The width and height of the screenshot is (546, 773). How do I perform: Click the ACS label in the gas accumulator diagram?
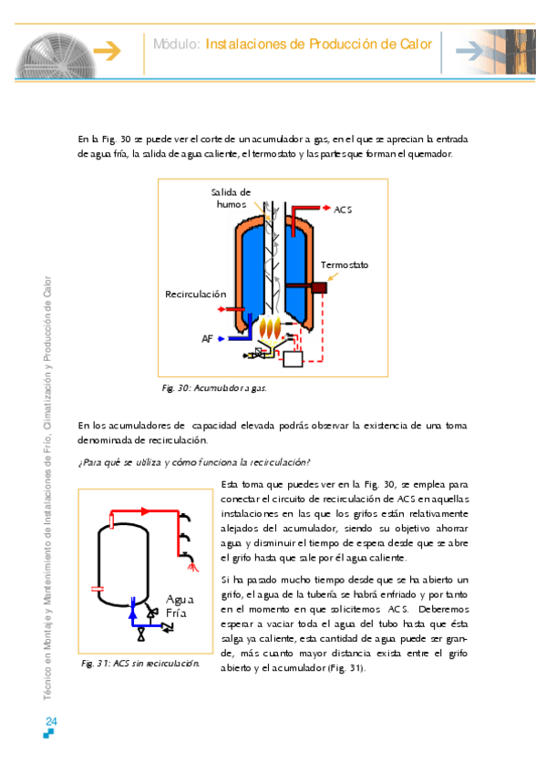pyautogui.click(x=343, y=210)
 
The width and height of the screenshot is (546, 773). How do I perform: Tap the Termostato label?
pyautogui.click(x=345, y=264)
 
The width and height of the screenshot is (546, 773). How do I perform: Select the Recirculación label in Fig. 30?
pyautogui.click(x=196, y=294)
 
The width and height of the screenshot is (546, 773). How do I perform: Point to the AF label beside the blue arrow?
pyautogui.click(x=207, y=339)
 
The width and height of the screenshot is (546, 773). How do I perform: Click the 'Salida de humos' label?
pyautogui.click(x=232, y=198)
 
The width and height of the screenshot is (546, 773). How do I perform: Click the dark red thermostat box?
pyautogui.click(x=319, y=287)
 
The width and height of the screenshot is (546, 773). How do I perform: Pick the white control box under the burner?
pyautogui.click(x=293, y=358)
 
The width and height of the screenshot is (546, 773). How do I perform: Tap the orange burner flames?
pyautogui.click(x=271, y=326)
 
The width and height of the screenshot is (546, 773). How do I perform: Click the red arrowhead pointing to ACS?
pyautogui.click(x=326, y=208)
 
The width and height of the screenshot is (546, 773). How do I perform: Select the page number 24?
pyautogui.click(x=51, y=721)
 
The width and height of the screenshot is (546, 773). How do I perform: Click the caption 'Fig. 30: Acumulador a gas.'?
pyautogui.click(x=214, y=388)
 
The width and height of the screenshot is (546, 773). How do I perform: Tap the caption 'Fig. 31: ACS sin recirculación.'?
pyautogui.click(x=140, y=664)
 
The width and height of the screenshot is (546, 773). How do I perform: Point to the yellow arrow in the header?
pyautogui.click(x=107, y=51)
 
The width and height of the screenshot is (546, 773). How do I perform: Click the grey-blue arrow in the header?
pyautogui.click(x=469, y=51)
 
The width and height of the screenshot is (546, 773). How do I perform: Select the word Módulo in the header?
pyautogui.click(x=177, y=45)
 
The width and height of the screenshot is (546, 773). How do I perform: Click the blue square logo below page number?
pyautogui.click(x=48, y=734)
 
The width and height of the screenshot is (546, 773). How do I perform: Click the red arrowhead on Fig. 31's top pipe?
pyautogui.click(x=145, y=511)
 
